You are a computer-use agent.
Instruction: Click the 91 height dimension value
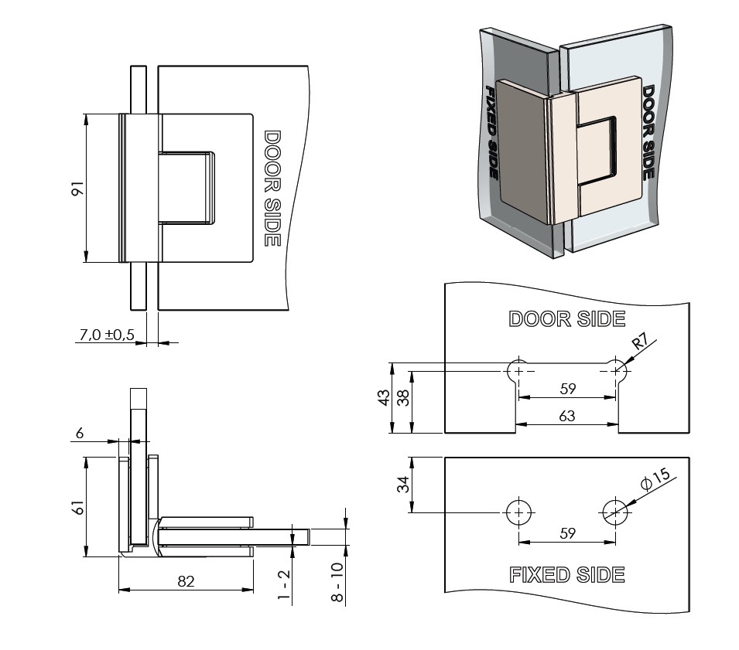76,189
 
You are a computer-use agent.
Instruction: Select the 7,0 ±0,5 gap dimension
107,334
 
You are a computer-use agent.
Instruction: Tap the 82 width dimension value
186,581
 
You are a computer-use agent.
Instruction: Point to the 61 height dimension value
76,507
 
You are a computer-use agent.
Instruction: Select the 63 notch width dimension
567,416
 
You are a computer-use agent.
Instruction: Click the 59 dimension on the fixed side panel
567,533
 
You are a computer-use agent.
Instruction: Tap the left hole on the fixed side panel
519,511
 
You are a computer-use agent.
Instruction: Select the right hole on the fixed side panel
616,511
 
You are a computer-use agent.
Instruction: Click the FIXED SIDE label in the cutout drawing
566,574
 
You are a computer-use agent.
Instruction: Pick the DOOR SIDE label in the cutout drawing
566,318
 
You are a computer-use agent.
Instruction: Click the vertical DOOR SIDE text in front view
271,189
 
